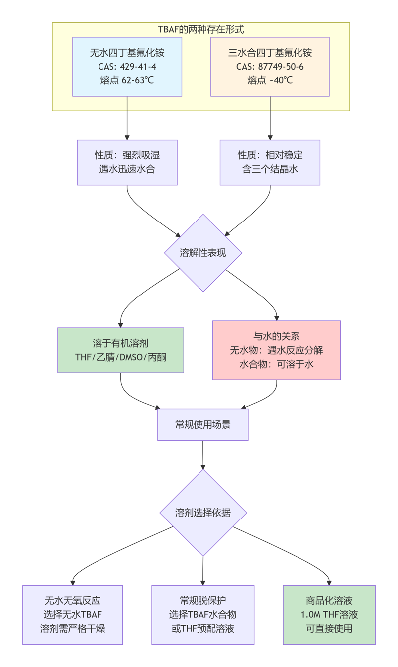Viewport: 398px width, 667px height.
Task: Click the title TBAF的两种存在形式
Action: (201, 29)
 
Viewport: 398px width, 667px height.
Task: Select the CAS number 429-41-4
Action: (127, 67)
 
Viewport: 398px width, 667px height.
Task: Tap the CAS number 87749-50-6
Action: (270, 67)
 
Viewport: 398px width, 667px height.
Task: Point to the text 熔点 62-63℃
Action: (127, 80)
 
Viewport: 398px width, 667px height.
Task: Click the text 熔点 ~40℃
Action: (270, 80)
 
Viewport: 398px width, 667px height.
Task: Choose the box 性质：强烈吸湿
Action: (127, 162)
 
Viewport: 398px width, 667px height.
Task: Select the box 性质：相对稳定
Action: (270, 162)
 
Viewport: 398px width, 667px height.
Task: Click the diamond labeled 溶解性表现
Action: (203, 253)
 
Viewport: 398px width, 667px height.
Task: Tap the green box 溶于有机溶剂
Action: (120, 350)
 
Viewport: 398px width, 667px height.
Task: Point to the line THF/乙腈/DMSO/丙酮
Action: (120, 357)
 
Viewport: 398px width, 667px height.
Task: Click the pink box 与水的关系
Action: (276, 350)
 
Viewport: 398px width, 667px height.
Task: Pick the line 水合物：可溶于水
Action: (276, 364)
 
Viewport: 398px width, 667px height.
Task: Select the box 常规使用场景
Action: (203, 424)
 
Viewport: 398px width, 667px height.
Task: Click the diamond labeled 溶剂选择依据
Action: (203, 513)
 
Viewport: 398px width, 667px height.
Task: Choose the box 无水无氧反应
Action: (73, 614)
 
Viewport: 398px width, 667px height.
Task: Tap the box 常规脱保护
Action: (203, 614)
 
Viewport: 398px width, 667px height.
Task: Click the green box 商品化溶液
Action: (329, 614)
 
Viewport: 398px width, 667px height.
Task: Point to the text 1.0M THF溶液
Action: (329, 615)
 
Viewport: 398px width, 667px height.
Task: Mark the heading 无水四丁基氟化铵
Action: (127, 53)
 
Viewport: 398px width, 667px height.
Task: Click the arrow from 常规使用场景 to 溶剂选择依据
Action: (203, 454)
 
